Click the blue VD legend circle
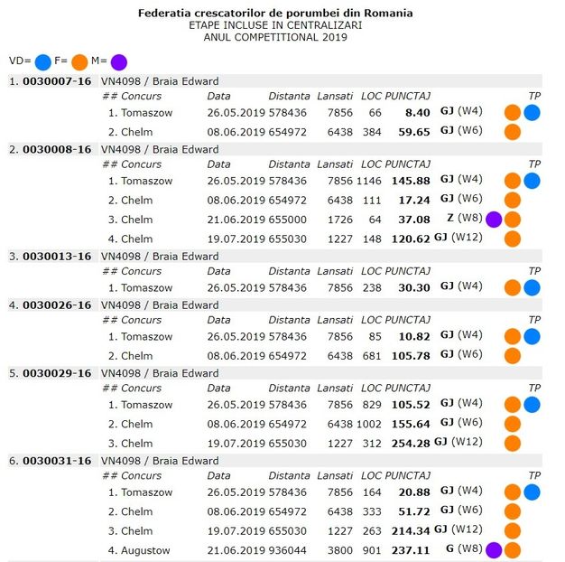tap(42, 61)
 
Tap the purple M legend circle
tap(119, 61)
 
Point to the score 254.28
tap(411, 444)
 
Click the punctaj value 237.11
tap(411, 549)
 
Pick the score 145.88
tap(411, 180)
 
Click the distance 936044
tap(288, 549)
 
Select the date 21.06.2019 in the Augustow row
tap(235, 549)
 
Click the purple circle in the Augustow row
tap(494, 549)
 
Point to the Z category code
tap(449, 219)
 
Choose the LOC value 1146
tap(368, 180)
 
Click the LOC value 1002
tap(368, 424)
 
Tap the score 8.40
tap(418, 113)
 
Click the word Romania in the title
tap(390, 14)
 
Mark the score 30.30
tap(414, 287)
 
